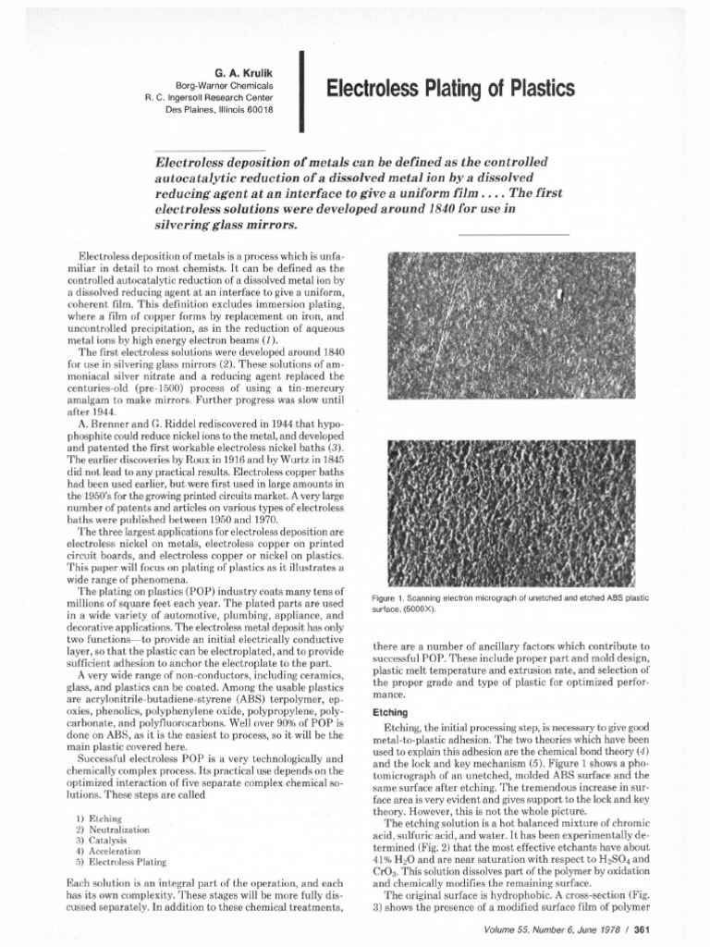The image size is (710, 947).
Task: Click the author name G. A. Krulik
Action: [246, 69]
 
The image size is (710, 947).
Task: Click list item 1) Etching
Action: [101, 819]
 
